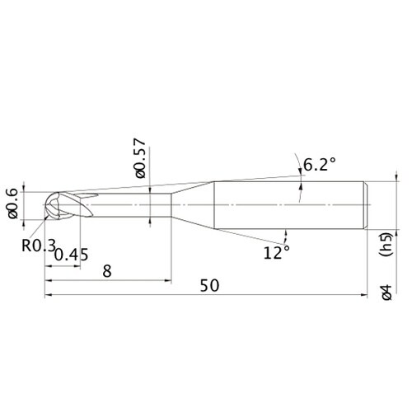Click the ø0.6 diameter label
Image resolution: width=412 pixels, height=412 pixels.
13,204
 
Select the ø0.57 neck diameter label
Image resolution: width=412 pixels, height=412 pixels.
139,158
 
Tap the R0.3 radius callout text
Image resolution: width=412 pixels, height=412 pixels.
39,246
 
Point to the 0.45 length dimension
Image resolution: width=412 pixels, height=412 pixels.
72,255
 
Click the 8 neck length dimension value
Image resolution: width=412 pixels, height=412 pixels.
107,271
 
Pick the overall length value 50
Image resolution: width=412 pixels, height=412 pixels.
209,285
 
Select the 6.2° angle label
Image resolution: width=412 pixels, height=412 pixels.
320,165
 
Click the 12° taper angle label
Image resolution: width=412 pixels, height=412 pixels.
276,253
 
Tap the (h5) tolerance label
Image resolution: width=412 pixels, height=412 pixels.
386,245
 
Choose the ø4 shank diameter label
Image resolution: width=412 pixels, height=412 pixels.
386,293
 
